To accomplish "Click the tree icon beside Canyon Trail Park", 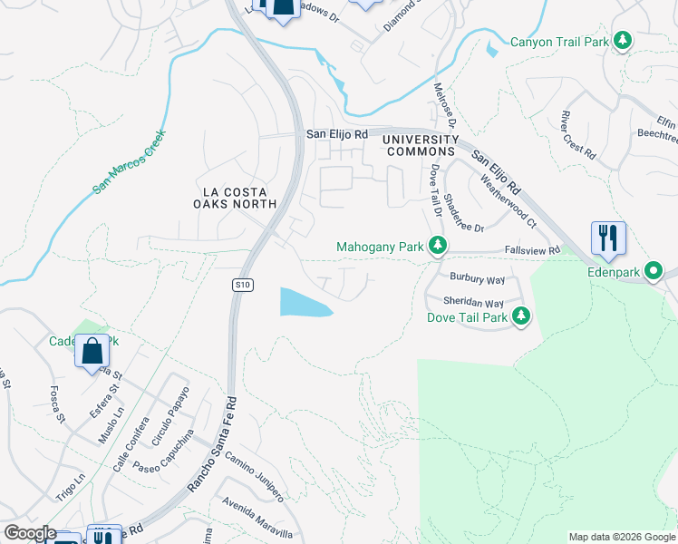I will pyautogui.click(x=623, y=41).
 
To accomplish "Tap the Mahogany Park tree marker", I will pyautogui.click(x=438, y=246).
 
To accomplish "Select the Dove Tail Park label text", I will pyautogui.click(x=467, y=317).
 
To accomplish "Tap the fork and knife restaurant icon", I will pyautogui.click(x=608, y=238).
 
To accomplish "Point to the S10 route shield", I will pyautogui.click(x=241, y=285).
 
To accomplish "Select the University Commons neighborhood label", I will pyautogui.click(x=420, y=145).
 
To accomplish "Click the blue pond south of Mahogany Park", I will pyautogui.click(x=303, y=303).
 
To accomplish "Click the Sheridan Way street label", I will pyautogui.click(x=473, y=303).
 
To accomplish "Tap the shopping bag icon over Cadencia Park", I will pyautogui.click(x=92, y=352).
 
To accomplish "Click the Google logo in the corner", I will pyautogui.click(x=29, y=533).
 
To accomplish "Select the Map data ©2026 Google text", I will pyautogui.click(x=621, y=537).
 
